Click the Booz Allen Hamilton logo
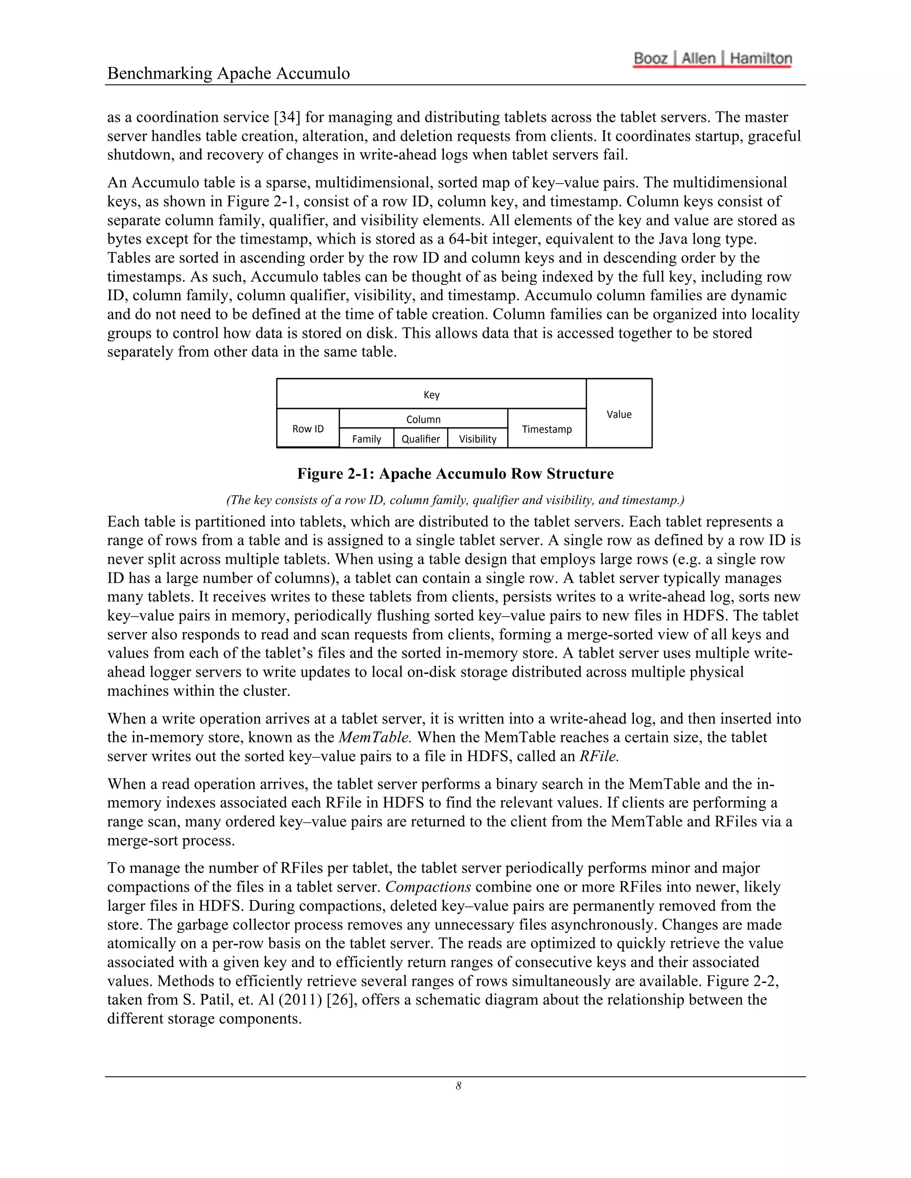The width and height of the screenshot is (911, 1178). (713, 59)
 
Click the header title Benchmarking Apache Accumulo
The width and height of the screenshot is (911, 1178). (228, 73)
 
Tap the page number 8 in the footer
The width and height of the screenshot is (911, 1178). (458, 1086)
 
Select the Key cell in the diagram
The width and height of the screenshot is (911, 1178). (431, 395)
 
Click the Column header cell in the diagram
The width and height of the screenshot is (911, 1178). (423, 419)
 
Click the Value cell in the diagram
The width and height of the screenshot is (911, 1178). (619, 414)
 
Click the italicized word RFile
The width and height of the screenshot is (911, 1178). (599, 756)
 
